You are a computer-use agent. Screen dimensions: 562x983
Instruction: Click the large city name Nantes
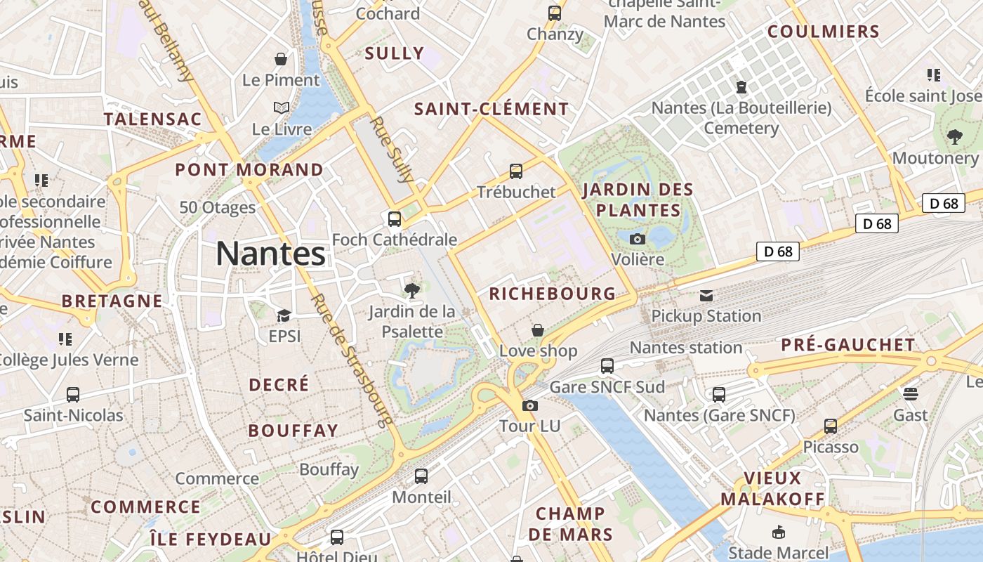coord(270,254)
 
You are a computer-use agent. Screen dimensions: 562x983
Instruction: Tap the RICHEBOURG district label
coord(552,294)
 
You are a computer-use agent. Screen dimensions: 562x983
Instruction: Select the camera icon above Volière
coord(638,239)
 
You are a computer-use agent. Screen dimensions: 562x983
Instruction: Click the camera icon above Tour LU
coord(530,405)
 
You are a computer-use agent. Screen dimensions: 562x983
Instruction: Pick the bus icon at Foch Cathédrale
coord(395,219)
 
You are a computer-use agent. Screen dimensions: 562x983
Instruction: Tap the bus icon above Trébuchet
coord(516,171)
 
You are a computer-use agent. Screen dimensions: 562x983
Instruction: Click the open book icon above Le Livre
coord(282,108)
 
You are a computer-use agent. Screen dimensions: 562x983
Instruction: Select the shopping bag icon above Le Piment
coord(281,59)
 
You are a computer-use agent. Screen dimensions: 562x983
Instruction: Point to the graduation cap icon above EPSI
coord(284,315)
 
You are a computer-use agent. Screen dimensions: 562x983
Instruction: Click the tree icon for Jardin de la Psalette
coord(412,290)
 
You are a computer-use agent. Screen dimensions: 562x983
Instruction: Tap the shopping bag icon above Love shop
coord(538,330)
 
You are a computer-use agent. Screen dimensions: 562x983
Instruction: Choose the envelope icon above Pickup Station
coord(706,296)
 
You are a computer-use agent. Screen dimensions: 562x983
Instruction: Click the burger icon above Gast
coord(911,394)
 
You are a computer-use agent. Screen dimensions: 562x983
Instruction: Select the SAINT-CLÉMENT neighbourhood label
coord(491,109)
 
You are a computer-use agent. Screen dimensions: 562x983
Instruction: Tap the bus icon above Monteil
coord(421,476)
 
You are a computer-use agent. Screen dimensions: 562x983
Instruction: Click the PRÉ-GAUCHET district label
coord(848,345)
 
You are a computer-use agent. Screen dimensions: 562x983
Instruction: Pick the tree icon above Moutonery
coord(954,137)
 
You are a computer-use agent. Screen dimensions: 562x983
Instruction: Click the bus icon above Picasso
coord(831,426)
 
